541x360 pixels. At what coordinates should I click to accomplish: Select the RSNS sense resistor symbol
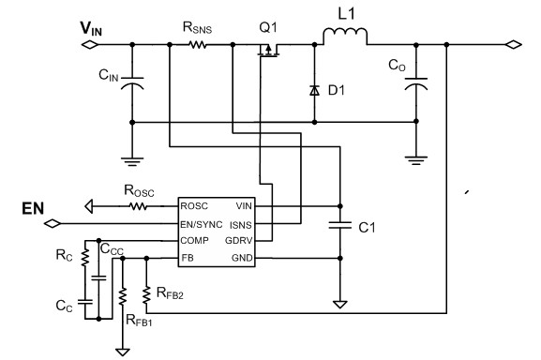tap(199, 43)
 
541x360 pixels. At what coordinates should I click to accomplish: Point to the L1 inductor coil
tap(344, 37)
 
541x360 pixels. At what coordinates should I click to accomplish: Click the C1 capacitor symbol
tap(338, 225)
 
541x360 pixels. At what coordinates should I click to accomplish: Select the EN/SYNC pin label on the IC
tap(204, 223)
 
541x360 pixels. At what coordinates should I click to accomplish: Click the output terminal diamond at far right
tap(512, 44)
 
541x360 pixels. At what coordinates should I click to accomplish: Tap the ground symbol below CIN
tap(133, 158)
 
